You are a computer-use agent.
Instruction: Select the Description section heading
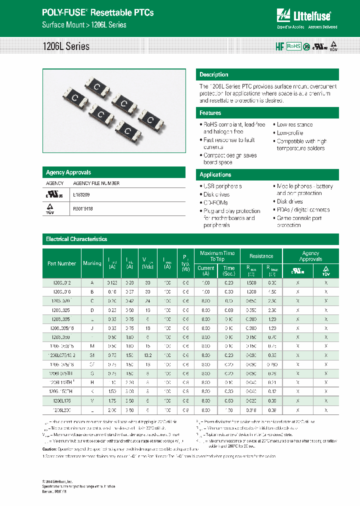[x=214, y=74]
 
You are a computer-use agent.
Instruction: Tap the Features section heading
[x=210, y=113]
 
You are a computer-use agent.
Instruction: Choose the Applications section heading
[x=215, y=174]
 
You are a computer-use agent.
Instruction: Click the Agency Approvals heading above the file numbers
[x=68, y=172]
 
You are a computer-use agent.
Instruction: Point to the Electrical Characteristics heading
[x=76, y=239]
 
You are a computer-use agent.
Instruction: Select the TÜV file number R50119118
[x=83, y=209]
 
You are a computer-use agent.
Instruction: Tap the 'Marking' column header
[x=92, y=263]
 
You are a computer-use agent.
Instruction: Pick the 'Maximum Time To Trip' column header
[x=217, y=256]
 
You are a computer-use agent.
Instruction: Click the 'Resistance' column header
[x=261, y=256]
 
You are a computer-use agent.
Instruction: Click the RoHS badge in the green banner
[x=293, y=46]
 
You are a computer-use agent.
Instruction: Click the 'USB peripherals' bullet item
[x=222, y=186]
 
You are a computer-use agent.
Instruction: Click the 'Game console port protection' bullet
[x=299, y=221]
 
